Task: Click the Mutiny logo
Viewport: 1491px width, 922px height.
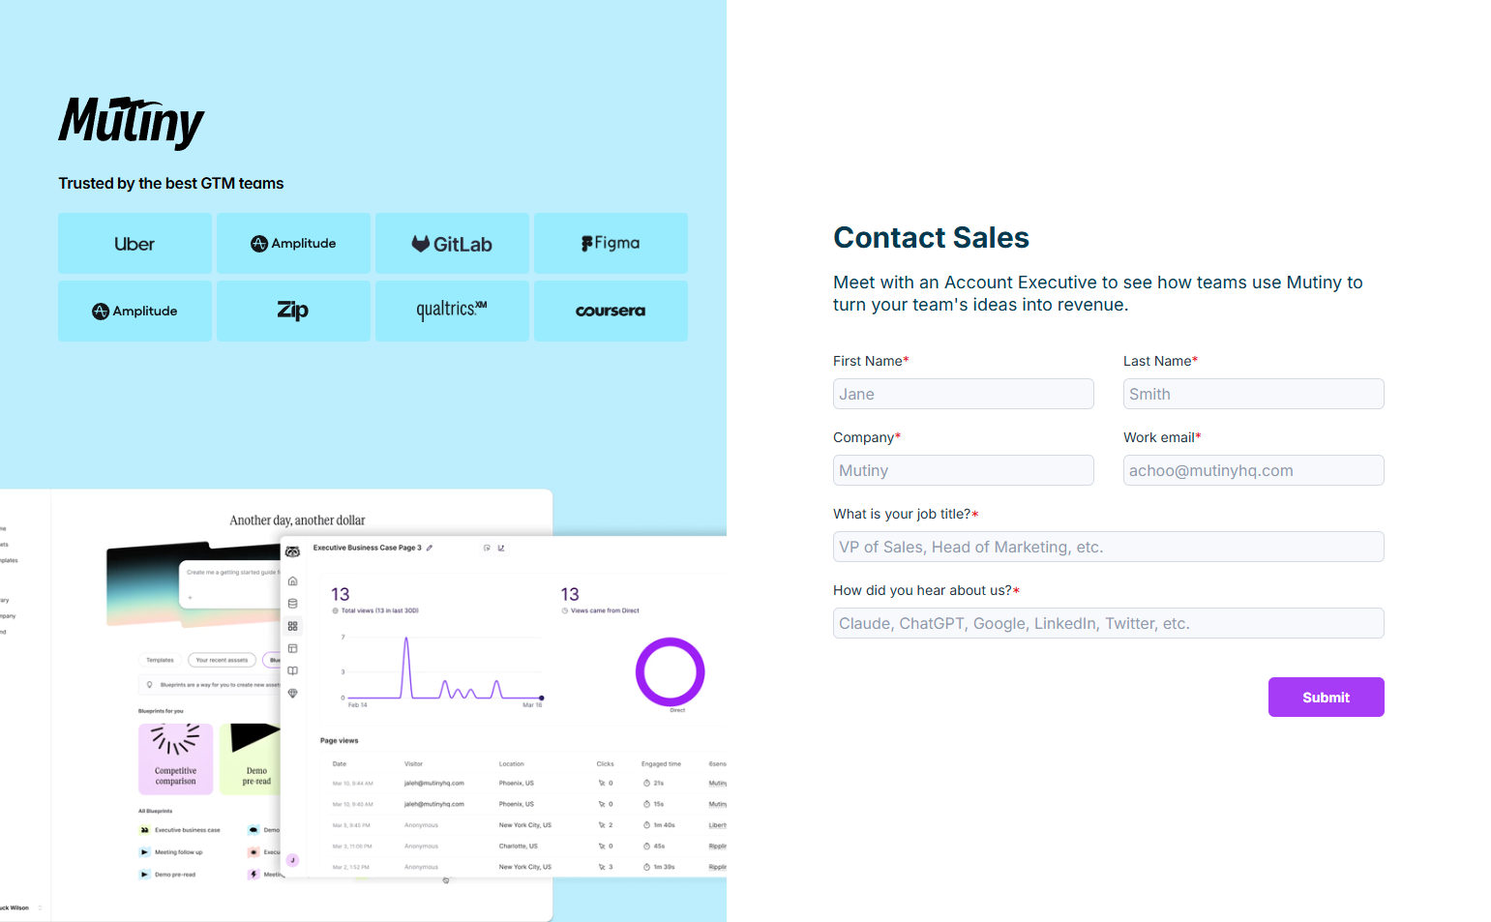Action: pyautogui.click(x=132, y=122)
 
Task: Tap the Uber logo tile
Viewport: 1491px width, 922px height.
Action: pyautogui.click(x=134, y=244)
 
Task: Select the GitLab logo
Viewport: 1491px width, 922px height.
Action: pyautogui.click(x=452, y=244)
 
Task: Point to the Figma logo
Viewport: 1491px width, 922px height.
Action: pyautogui.click(x=611, y=244)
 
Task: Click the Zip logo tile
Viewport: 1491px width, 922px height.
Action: pyautogui.click(x=293, y=311)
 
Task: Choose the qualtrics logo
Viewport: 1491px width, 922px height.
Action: pyautogui.click(x=452, y=311)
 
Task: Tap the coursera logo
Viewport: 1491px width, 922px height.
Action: pyautogui.click(x=611, y=311)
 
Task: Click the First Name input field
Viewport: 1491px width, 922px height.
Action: pyautogui.click(x=963, y=394)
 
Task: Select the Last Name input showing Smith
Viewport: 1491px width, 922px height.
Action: pyautogui.click(x=1253, y=394)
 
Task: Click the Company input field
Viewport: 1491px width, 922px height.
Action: pyautogui.click(x=963, y=470)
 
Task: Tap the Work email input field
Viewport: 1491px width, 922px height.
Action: pyautogui.click(x=1253, y=470)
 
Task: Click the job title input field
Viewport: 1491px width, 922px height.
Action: pyautogui.click(x=1108, y=547)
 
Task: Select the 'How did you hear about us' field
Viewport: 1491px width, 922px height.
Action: pyautogui.click(x=1108, y=623)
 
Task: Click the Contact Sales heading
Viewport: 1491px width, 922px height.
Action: pyautogui.click(x=931, y=238)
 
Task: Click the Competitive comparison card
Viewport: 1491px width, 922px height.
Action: pyautogui.click(x=175, y=758)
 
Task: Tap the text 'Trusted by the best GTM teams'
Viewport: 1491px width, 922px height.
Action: pyautogui.click(x=171, y=184)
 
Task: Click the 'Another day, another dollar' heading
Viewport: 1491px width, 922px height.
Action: pyautogui.click(x=297, y=520)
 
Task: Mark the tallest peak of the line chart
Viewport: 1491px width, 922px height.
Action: pyautogui.click(x=406, y=639)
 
